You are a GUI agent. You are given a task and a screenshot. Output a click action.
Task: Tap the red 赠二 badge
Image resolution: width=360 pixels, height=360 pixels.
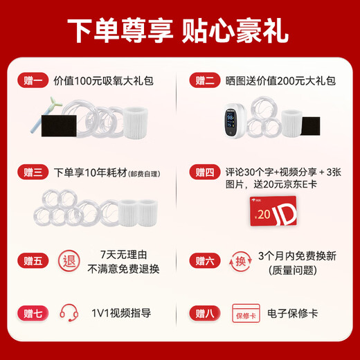205,81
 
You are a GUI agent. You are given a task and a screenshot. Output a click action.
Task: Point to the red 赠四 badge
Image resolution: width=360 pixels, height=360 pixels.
205,171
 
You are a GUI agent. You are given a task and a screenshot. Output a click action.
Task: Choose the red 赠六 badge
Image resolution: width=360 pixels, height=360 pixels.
205,261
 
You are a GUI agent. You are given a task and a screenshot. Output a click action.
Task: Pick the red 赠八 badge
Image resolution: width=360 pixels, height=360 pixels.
205,313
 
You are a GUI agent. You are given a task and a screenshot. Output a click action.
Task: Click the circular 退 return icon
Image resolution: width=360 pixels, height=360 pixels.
69,262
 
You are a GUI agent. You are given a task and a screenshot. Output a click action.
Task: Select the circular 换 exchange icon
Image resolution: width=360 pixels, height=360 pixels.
240,262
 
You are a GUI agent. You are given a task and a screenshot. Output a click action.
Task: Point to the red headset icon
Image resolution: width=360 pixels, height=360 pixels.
69,313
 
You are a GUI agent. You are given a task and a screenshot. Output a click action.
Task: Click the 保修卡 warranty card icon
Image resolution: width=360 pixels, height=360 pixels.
246,314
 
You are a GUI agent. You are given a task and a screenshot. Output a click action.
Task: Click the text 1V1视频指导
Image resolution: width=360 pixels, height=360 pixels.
120,313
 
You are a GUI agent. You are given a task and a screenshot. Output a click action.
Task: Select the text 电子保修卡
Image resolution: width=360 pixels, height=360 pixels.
294,313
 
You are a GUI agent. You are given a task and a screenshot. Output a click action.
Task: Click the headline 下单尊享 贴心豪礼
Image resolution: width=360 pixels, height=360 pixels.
179,30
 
